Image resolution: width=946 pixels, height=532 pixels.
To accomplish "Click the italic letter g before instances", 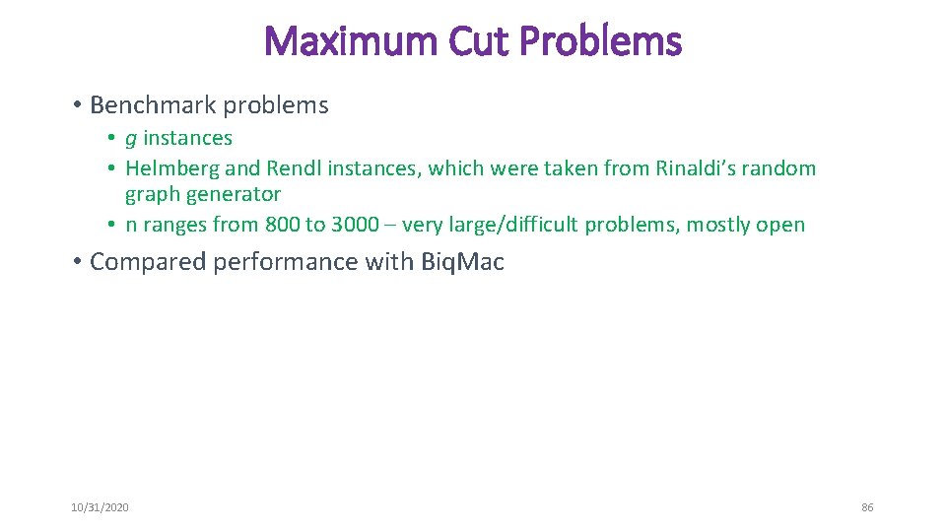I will pos(131,140).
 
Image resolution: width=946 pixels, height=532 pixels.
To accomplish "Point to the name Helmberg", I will pos(172,168).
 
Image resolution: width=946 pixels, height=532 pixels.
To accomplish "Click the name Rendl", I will pos(294,168).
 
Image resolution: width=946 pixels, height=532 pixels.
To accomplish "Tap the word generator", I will pos(233,194).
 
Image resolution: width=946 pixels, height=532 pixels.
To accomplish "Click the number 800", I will pos(282,225).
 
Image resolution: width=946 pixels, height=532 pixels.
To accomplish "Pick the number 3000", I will pos(355,225).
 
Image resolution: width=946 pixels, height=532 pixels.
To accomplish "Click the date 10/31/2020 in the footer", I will pos(100,507).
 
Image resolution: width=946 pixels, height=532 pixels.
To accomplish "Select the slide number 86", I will pos(867,507).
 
